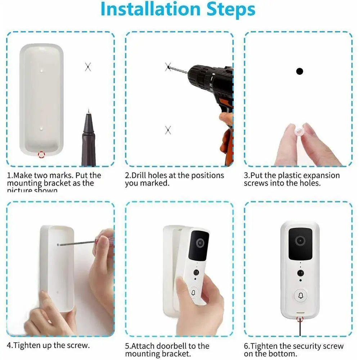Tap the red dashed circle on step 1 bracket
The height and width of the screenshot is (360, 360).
click(x=41, y=155)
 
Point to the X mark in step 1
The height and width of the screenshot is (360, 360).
click(x=88, y=67)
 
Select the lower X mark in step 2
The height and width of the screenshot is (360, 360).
click(x=168, y=130)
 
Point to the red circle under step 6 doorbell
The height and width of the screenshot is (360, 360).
click(x=299, y=318)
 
